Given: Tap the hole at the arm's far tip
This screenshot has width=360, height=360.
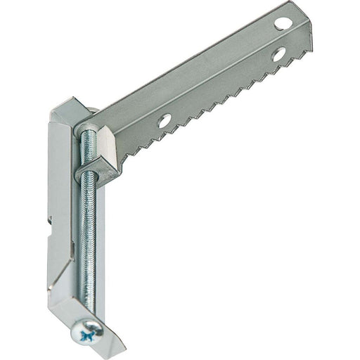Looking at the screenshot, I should pos(283,23).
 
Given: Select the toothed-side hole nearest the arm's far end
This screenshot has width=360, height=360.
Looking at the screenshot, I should pos(278,53).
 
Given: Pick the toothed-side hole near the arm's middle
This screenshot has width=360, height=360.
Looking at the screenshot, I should pos(164,121).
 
